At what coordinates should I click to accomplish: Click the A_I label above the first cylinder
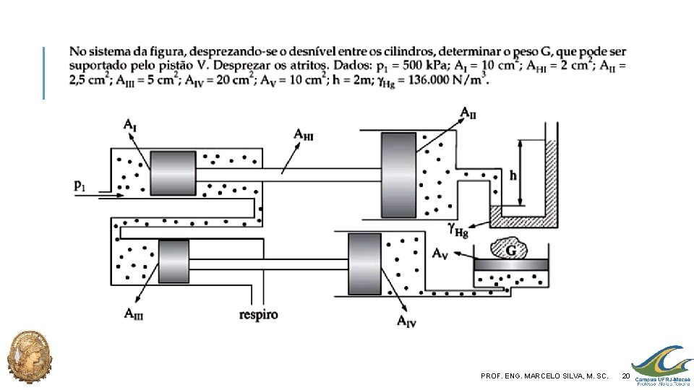coord(129,125)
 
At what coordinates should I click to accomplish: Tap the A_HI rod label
coord(303,134)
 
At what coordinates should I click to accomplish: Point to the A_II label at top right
coord(468,113)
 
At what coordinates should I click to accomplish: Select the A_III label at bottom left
coord(134,314)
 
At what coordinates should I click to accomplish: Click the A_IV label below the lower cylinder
coord(406,321)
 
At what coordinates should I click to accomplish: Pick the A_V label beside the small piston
coord(440,253)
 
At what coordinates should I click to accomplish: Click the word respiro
coord(259,315)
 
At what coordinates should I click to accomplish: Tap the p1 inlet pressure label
coord(80,186)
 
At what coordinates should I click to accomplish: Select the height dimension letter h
coord(513,175)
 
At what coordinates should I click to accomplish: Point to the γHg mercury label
coord(458,230)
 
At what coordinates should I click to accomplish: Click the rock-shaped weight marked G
coord(508,249)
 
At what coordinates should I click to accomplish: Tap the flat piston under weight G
coord(511,265)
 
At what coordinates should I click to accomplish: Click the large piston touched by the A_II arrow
coord(398,175)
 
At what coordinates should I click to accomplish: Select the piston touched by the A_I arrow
coord(173,173)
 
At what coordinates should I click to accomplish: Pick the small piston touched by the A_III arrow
coord(174,261)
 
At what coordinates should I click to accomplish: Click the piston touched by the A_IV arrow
coord(364,264)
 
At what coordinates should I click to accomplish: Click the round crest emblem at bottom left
coord(30,356)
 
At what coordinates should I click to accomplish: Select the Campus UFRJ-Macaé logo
coord(662,366)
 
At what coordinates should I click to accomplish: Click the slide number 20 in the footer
coord(625,376)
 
